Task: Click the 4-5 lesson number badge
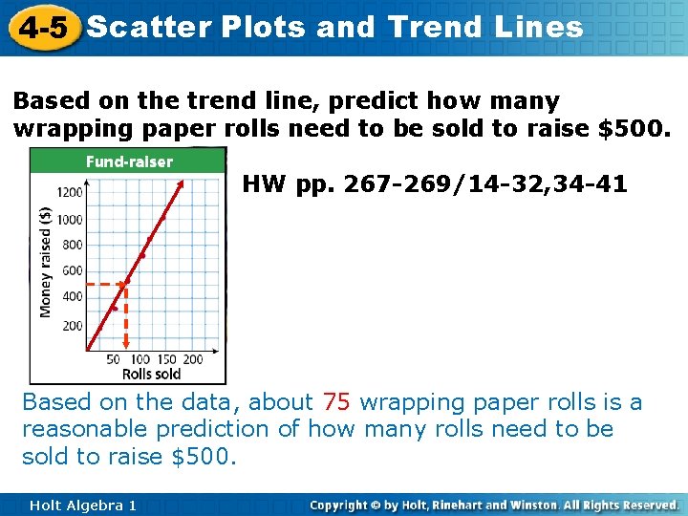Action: click(40, 27)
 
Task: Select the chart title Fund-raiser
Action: click(129, 161)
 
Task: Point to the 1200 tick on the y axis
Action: click(70, 192)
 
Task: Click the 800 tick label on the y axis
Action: click(73, 245)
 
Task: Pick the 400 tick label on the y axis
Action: click(73, 297)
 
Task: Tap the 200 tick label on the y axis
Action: click(73, 326)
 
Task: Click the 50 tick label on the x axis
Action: click(113, 359)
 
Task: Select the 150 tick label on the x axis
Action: click(166, 359)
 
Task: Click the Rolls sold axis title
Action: click(151, 374)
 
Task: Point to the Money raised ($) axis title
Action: click(45, 263)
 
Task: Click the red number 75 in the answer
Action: click(336, 402)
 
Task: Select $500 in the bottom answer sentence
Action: click(203, 456)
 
